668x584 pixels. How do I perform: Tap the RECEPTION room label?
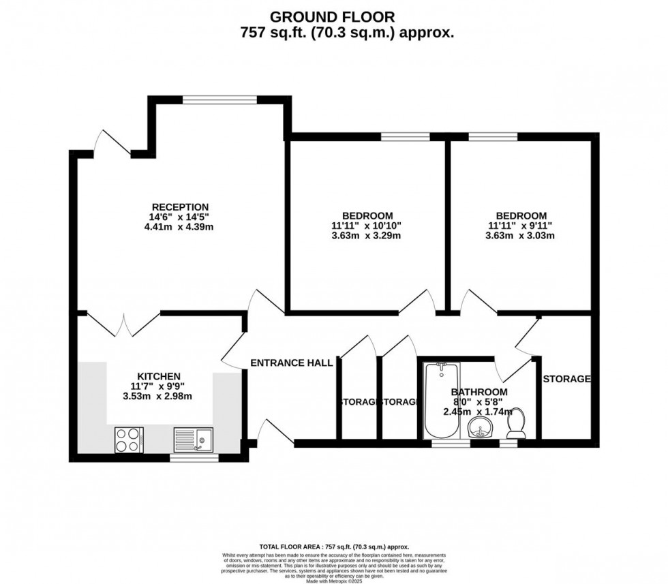pyautogui.click(x=180, y=207)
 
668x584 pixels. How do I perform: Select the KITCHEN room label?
pyautogui.click(x=159, y=376)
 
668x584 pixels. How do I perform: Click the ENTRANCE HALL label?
pyautogui.click(x=291, y=363)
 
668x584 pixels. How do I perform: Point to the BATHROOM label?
pyautogui.click(x=479, y=392)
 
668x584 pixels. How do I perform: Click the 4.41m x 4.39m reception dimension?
pyautogui.click(x=180, y=227)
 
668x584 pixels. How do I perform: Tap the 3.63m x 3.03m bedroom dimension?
pyautogui.click(x=517, y=236)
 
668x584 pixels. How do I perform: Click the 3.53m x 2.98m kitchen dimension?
pyautogui.click(x=159, y=396)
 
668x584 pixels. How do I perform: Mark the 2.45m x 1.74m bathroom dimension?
pyautogui.click(x=479, y=412)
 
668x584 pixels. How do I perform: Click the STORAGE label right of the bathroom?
pyautogui.click(x=566, y=379)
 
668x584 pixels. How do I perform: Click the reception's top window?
pyautogui.click(x=219, y=99)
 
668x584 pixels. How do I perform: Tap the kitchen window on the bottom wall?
pyautogui.click(x=194, y=458)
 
